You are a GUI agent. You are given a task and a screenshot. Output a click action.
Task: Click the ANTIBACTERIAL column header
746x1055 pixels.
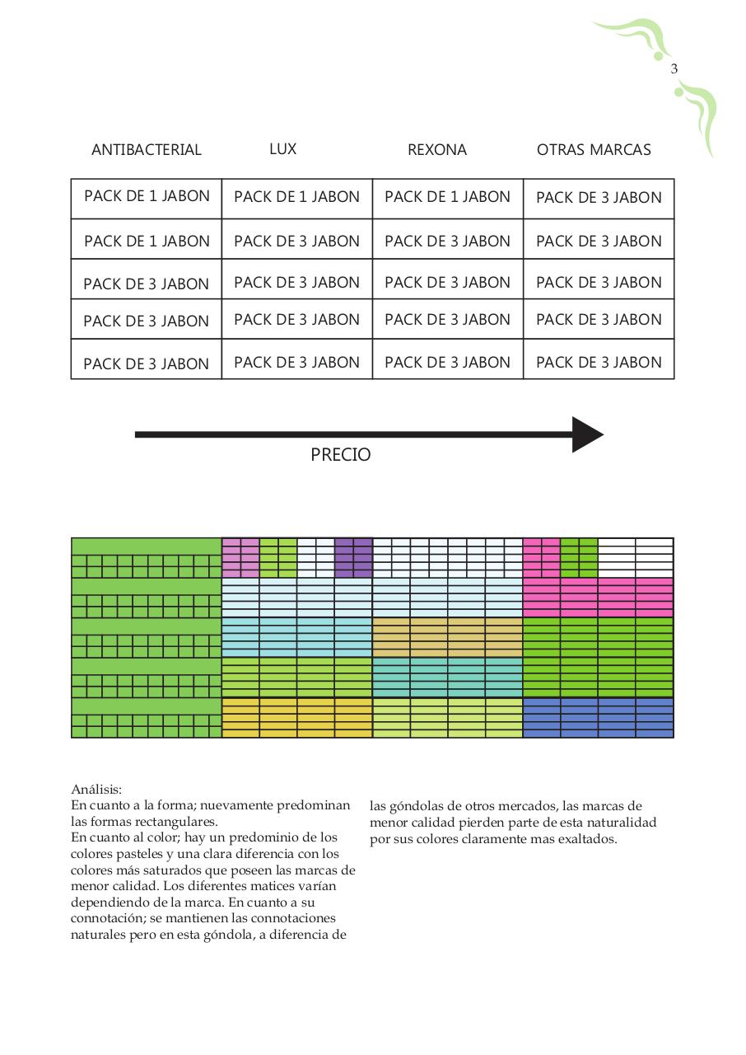pos(147,150)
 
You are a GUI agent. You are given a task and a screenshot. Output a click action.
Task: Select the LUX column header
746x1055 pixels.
pos(282,149)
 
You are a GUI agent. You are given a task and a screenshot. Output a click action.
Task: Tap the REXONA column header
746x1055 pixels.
pos(437,150)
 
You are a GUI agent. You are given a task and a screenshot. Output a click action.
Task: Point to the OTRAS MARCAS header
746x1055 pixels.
pos(594,150)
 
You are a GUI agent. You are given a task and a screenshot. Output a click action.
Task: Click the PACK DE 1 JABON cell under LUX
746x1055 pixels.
pos(296,198)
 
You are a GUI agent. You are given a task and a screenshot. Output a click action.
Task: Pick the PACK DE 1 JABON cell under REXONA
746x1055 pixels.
pos(447,198)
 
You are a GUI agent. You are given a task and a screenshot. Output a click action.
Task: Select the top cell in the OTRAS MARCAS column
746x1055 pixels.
pos(599,198)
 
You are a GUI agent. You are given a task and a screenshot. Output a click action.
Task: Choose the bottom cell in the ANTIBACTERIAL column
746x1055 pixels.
pos(147,363)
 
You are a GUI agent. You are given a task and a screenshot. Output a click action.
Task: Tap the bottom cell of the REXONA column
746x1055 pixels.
pos(447,363)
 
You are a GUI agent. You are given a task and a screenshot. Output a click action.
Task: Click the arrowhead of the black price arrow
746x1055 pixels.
pos(587,434)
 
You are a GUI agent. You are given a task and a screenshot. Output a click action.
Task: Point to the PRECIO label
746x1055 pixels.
pos(341,455)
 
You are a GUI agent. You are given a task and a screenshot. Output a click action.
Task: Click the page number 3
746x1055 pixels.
pos(674,69)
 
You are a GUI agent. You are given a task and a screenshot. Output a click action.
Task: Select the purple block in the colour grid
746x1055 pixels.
pos(353,557)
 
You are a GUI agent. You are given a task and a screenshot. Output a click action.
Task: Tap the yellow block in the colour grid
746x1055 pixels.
pos(296,717)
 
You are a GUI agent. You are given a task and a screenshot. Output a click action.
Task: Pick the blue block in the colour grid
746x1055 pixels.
pos(599,717)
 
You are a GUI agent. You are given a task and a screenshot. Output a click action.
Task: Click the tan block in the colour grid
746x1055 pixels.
pos(447,637)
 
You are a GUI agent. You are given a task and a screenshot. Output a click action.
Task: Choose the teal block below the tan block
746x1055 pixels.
pos(447,677)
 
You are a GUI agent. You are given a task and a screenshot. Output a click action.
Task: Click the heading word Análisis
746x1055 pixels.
pos(96,790)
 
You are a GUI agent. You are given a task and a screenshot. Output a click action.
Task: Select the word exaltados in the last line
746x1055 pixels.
pos(588,839)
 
